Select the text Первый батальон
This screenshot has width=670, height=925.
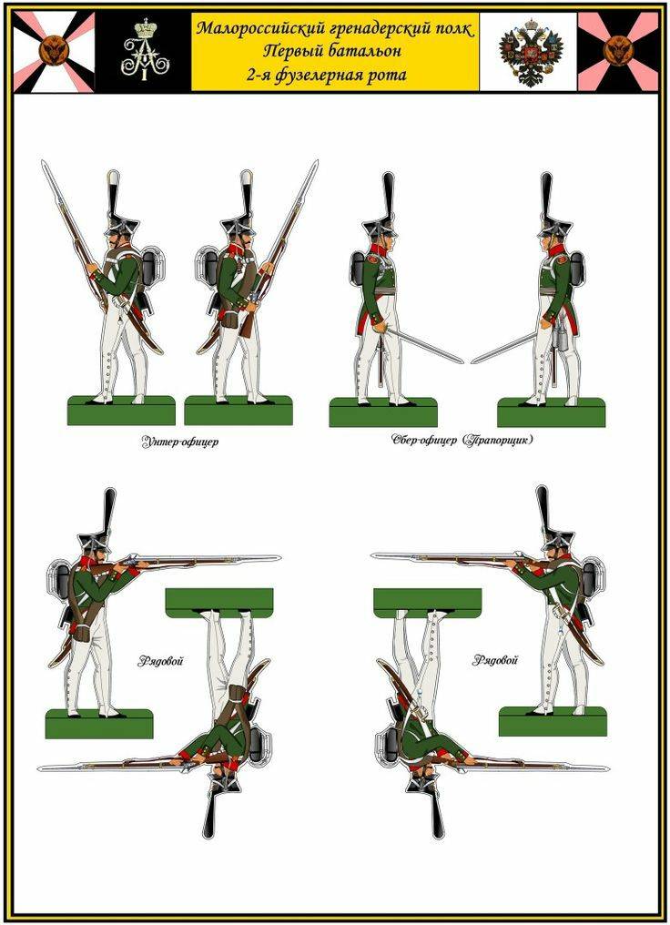tap(334, 51)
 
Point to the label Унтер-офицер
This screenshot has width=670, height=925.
tap(179, 442)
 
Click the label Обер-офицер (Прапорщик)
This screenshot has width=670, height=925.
tap(462, 440)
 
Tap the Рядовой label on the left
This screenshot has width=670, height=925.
tap(160, 661)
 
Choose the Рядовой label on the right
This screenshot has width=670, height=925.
tap(494, 660)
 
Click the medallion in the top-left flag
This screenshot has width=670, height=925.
tap(54, 51)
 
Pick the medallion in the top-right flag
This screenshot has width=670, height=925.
tap(618, 51)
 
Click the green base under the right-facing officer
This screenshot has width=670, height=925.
tap(383, 412)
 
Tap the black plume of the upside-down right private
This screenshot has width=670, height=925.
tap(437, 810)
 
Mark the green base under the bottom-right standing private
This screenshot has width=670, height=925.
tap(553, 721)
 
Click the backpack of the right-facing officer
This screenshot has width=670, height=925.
tap(360, 269)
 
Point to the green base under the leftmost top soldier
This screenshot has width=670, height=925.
tap(121, 411)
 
